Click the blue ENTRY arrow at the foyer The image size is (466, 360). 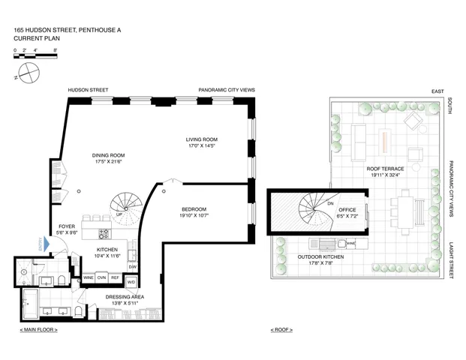click(x=42, y=245)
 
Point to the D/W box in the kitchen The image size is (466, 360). click(x=133, y=266)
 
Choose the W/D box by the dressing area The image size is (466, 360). click(x=132, y=282)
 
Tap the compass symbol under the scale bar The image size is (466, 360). click(x=29, y=72)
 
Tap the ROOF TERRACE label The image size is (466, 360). click(x=386, y=169)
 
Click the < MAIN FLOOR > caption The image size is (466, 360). click(x=38, y=330)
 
